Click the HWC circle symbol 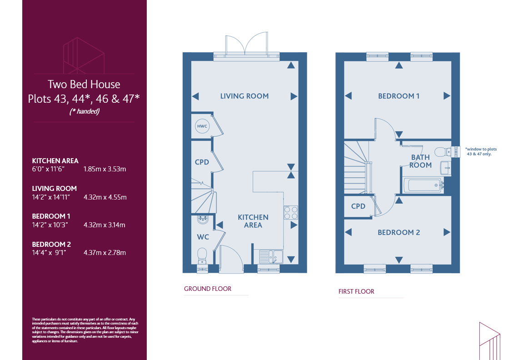click(x=202, y=126)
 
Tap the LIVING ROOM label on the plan click(x=244, y=96)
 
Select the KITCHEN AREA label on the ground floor click(x=253, y=221)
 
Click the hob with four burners click(x=291, y=213)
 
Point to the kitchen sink click(x=271, y=256)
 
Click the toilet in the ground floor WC click(x=202, y=256)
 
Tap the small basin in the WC click(x=203, y=220)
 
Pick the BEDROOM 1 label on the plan click(x=398, y=96)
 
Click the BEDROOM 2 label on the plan click(x=398, y=232)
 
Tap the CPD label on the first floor click(x=358, y=206)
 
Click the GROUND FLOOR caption click(x=208, y=289)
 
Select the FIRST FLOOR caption click(x=356, y=291)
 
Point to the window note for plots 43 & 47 click(x=481, y=151)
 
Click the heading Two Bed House click(x=84, y=84)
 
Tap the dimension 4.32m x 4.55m click(x=105, y=197)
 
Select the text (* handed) click(x=84, y=111)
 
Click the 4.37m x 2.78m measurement click(x=105, y=252)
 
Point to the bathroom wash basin click(x=445, y=168)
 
